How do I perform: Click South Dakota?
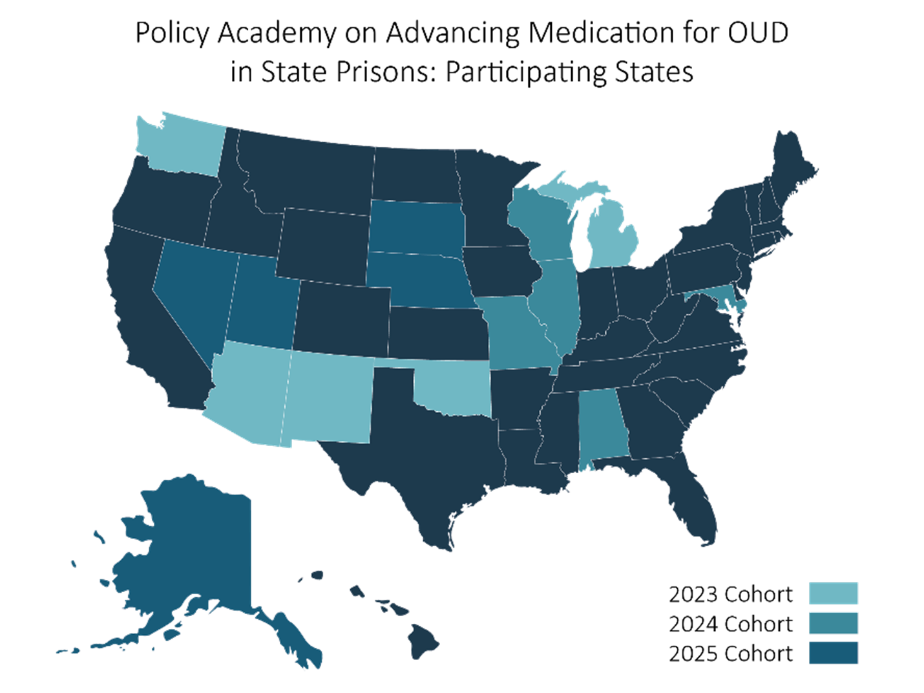point(417,226)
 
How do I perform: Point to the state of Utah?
point(262,301)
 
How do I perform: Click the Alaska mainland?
point(194,549)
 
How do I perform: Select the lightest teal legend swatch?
point(833,593)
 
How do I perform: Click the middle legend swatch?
point(833,623)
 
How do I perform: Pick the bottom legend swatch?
point(833,652)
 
